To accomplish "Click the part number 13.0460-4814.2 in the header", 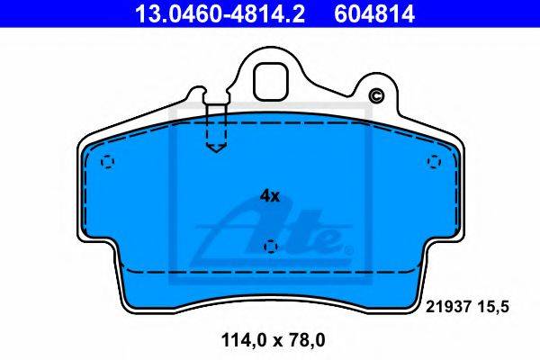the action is tap(220, 13).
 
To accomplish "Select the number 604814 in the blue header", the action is tap(374, 13).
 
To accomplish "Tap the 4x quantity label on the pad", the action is tap(270, 196).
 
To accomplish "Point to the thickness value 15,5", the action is tap(492, 307).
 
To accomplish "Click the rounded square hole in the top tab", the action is tap(270, 81).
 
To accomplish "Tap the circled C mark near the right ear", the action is tap(376, 95).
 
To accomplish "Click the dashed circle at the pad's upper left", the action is tap(107, 162).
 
